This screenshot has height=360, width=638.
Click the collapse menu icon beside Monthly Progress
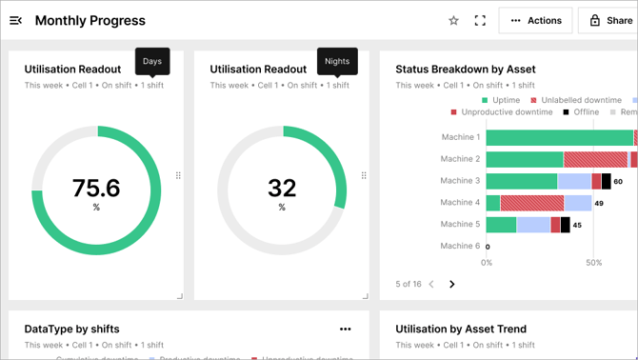click(x=16, y=20)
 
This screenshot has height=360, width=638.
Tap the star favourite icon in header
click(x=453, y=20)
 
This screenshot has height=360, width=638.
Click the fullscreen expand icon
click(x=480, y=20)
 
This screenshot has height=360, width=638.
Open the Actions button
click(x=536, y=20)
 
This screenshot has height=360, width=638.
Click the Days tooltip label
click(x=152, y=61)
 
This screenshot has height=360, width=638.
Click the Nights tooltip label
click(x=337, y=61)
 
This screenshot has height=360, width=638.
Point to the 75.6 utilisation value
click(x=96, y=188)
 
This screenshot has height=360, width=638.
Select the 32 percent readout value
click(x=282, y=188)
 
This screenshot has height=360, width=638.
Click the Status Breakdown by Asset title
click(x=466, y=69)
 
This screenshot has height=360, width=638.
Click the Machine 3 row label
click(x=460, y=181)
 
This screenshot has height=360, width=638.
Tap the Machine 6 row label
click(x=460, y=246)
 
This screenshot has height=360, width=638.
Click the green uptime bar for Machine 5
click(x=501, y=225)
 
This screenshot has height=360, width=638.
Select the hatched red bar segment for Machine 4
click(x=531, y=203)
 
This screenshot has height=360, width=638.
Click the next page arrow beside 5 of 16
click(x=452, y=284)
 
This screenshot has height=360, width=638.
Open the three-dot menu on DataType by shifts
click(x=346, y=330)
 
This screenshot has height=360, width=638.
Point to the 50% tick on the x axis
click(x=593, y=263)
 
